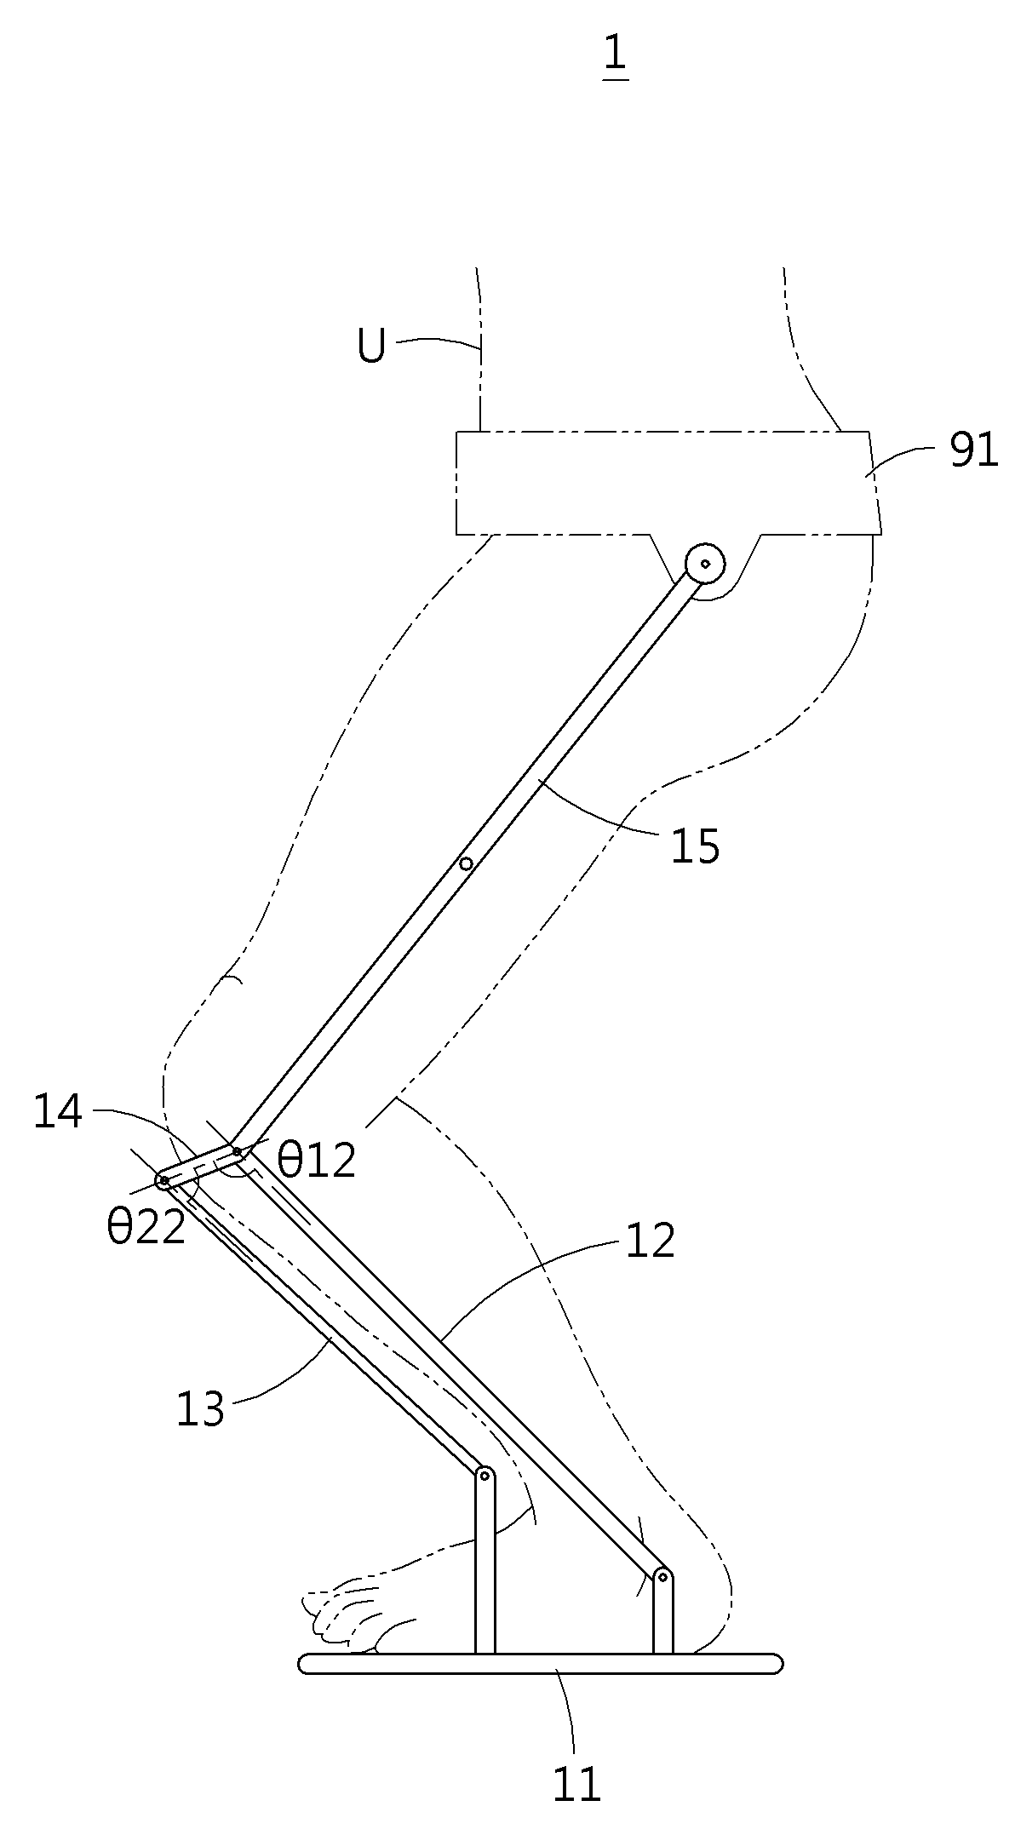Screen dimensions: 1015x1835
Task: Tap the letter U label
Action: tap(371, 346)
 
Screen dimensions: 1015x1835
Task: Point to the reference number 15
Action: tap(696, 846)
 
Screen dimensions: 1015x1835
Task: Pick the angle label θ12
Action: tap(317, 1160)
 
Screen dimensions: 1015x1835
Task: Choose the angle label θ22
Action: tap(146, 1228)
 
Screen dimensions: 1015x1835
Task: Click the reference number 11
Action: tap(577, 1784)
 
